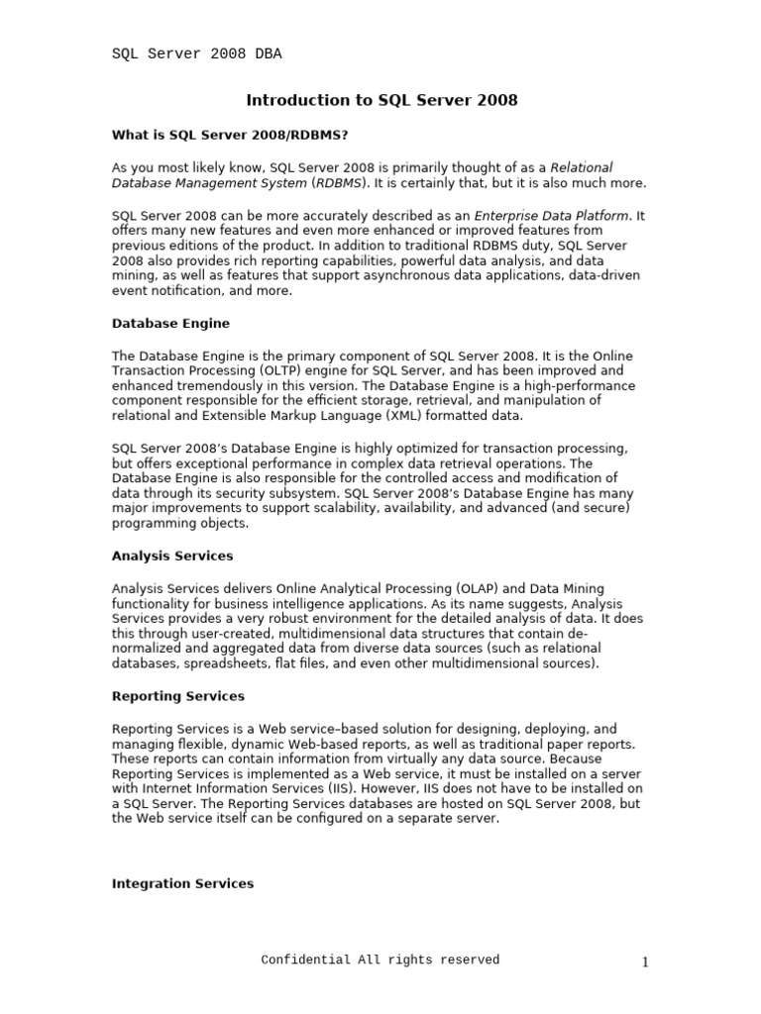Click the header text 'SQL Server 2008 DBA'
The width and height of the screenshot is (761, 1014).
[196, 54]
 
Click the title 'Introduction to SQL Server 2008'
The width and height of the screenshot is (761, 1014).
[381, 100]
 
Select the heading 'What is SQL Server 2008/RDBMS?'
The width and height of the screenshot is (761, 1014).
[230, 135]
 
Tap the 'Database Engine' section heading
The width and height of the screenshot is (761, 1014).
[170, 323]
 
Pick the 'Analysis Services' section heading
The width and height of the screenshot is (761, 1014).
[172, 556]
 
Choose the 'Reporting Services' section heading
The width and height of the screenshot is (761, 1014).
[177, 696]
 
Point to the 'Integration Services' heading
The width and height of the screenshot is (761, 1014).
[182, 883]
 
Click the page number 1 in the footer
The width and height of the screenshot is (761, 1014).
[644, 963]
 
